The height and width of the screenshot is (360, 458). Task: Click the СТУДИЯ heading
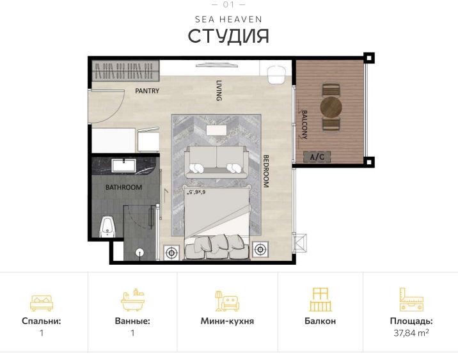tap(228, 36)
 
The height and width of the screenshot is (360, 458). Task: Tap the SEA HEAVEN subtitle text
tap(228, 20)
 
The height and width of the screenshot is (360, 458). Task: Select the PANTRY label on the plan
tap(147, 91)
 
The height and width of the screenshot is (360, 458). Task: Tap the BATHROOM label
tap(123, 187)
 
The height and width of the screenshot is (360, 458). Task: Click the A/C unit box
tap(317, 156)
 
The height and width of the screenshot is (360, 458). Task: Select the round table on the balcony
tap(331, 106)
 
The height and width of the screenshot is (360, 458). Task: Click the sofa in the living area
tap(216, 162)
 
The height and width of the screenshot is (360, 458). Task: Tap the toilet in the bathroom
tap(109, 226)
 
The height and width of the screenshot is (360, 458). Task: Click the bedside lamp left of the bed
tap(171, 251)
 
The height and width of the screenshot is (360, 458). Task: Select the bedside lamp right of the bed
tap(260, 249)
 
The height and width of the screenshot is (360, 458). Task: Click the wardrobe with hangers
tap(125, 69)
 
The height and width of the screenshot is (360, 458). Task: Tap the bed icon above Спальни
tap(42, 301)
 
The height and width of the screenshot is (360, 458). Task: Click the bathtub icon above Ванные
tap(132, 301)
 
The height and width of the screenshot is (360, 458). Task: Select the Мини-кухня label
tap(227, 321)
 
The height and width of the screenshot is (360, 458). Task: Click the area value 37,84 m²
tap(411, 333)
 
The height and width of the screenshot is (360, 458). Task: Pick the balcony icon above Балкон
tap(320, 299)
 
